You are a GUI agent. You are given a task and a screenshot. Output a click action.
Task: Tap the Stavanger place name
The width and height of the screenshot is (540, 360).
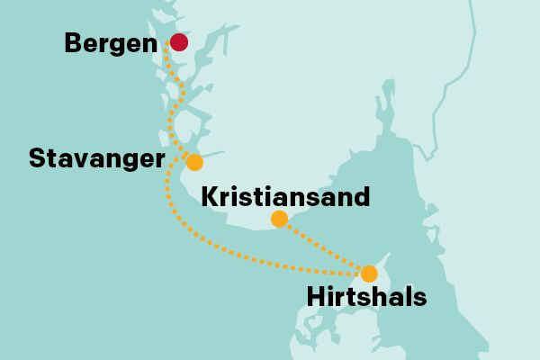(96, 159)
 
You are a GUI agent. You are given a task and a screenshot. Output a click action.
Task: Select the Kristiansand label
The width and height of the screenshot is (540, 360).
(285, 196)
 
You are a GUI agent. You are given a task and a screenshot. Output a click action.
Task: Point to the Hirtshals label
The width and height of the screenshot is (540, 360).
(366, 296)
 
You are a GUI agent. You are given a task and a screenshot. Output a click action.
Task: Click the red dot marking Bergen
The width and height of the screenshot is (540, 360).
(178, 42)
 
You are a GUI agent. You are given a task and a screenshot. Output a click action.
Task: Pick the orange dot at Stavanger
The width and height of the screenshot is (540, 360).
(194, 162)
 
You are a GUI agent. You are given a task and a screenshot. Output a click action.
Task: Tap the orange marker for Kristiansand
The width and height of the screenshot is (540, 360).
(279, 219)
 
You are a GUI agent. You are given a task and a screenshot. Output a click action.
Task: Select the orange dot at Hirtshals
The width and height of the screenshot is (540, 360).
(368, 273)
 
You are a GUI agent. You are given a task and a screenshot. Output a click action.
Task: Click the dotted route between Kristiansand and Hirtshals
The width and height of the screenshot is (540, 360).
(324, 246)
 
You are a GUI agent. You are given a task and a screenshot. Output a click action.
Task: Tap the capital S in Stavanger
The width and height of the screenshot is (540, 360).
(36, 159)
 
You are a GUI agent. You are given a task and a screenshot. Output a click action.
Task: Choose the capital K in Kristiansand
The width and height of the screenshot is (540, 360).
(208, 196)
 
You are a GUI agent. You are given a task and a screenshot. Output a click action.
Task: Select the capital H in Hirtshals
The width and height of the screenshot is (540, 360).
(315, 296)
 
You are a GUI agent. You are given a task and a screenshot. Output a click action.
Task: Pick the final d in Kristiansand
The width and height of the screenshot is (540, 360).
(361, 196)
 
